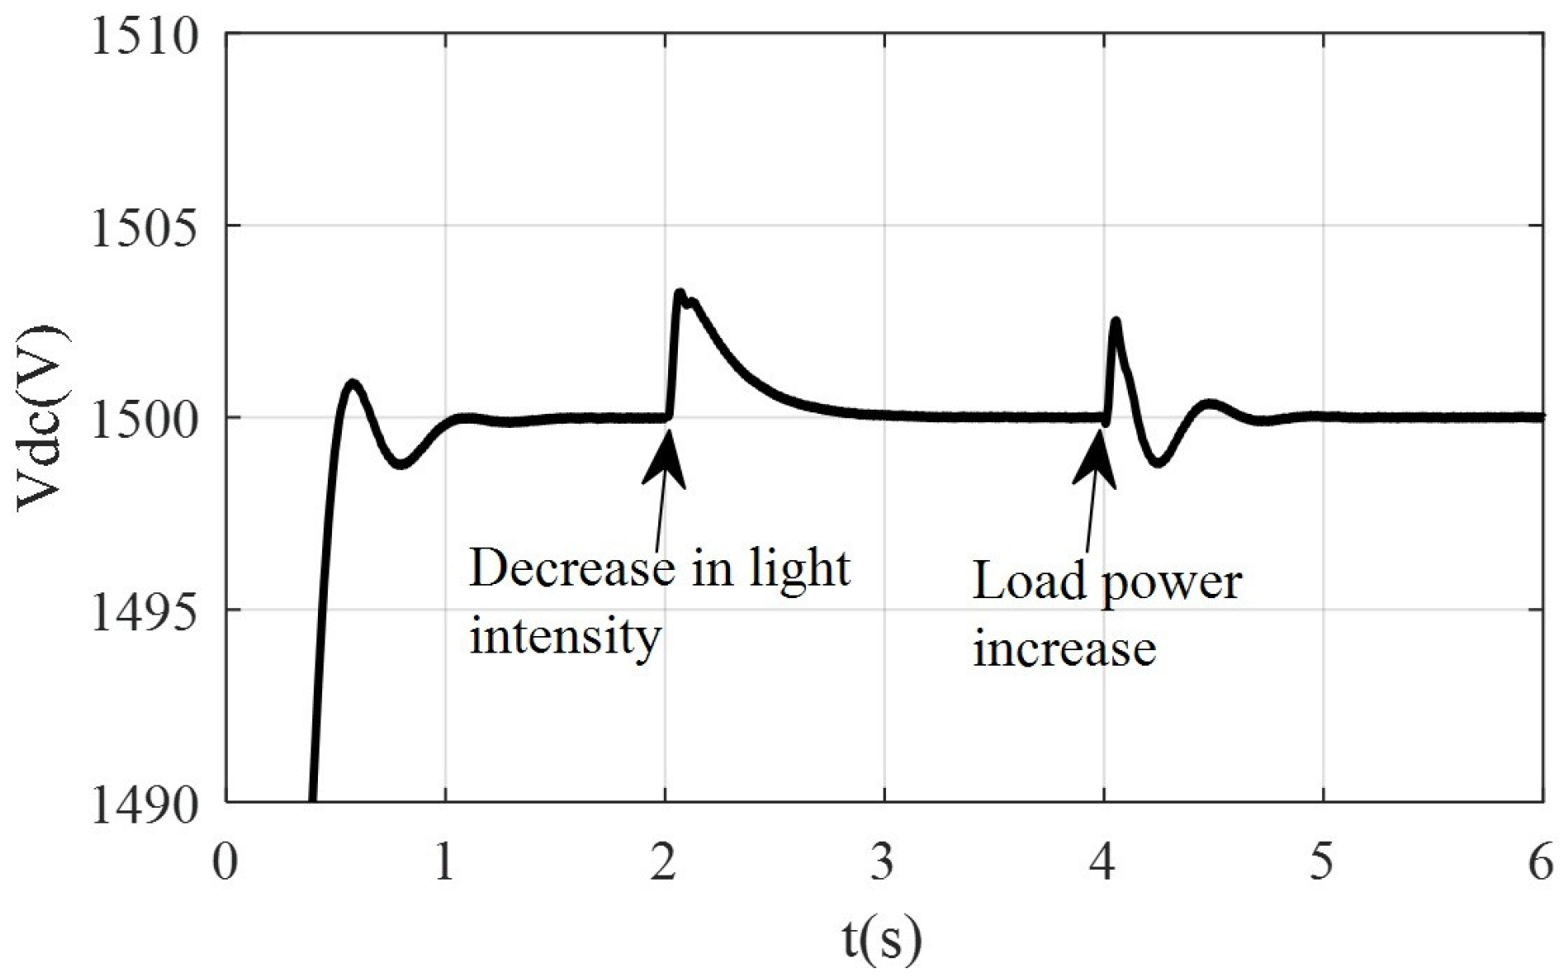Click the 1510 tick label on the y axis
pos(145,38)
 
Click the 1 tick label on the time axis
pos(445,864)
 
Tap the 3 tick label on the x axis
pos(883,864)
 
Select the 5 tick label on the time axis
pos(1323,864)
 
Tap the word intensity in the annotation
pos(566,636)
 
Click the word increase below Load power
pos(1064,648)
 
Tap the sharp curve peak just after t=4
pos(1116,320)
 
